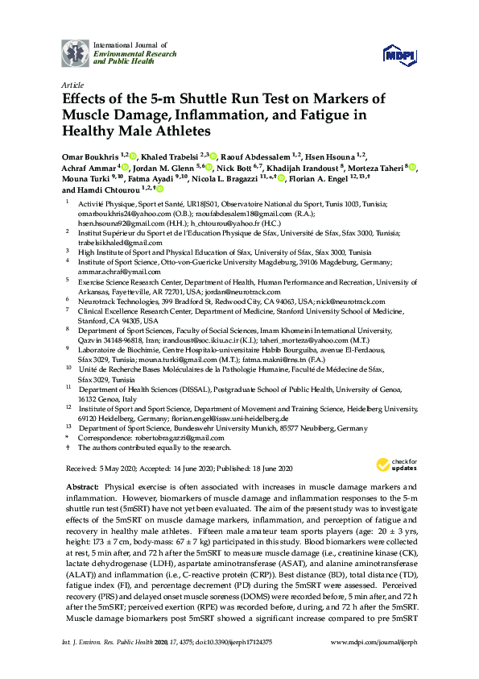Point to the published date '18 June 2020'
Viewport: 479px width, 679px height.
[268, 469]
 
